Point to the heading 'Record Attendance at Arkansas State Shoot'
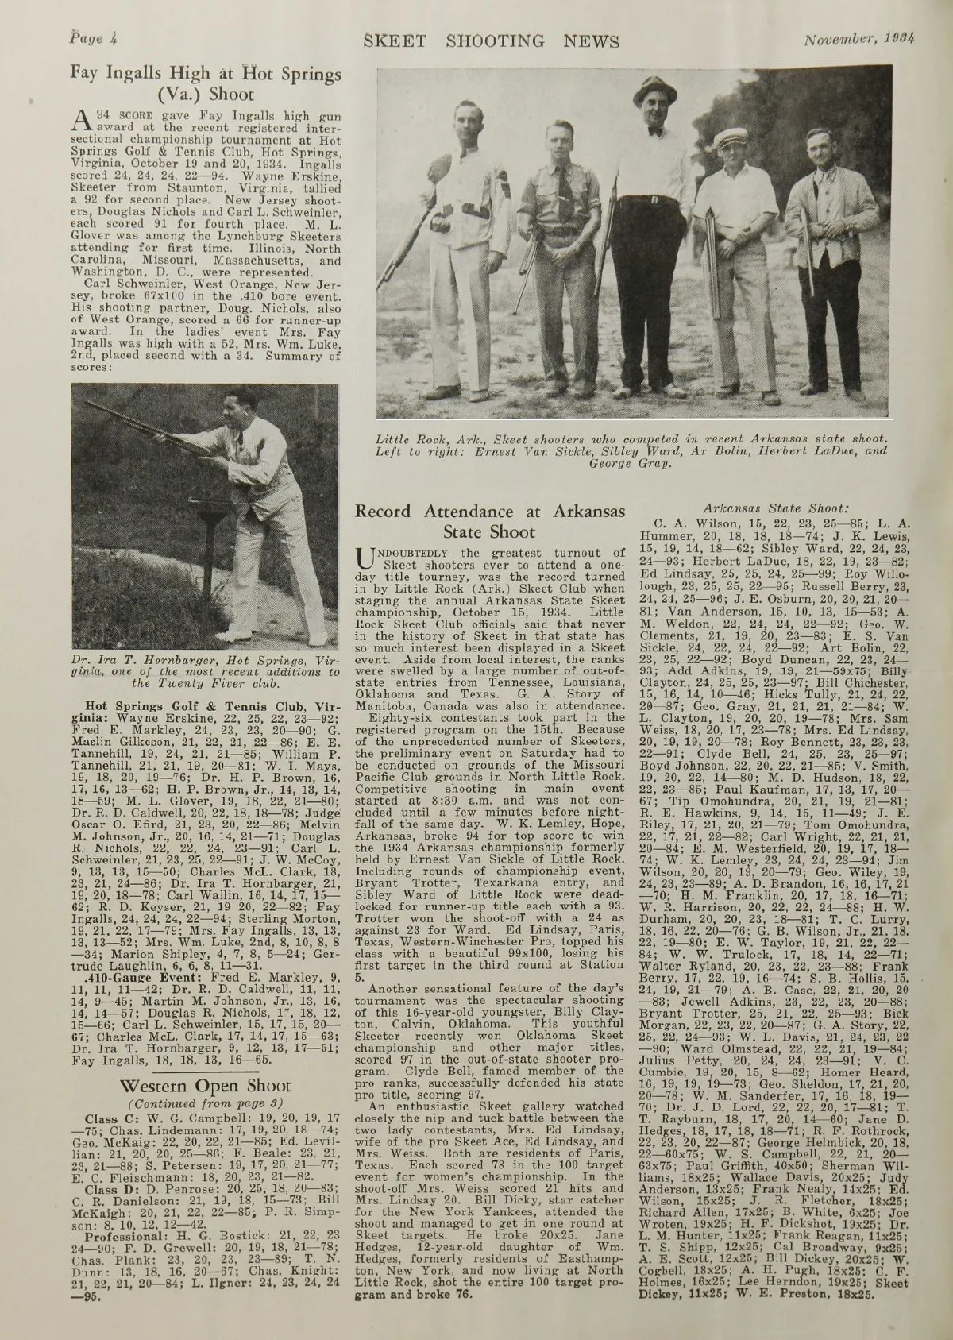(490, 522)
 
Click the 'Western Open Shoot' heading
(206, 1085)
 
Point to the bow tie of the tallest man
(655, 129)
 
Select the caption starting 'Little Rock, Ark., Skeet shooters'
(632, 450)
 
